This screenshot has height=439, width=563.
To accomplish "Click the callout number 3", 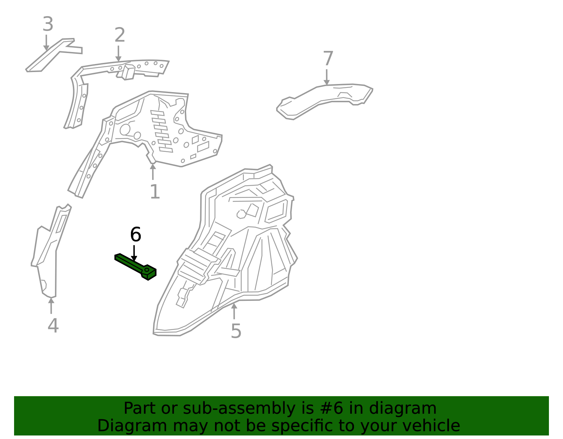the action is pyautogui.click(x=48, y=24).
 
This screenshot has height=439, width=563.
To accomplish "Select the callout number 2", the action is pyautogui.click(x=120, y=35).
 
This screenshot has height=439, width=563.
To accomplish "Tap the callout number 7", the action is pyautogui.click(x=328, y=58).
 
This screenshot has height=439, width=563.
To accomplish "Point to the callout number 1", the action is pyautogui.click(x=155, y=192).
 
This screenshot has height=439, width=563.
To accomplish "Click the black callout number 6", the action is pyautogui.click(x=135, y=234).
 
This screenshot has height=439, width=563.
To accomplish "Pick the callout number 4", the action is pyautogui.click(x=53, y=326).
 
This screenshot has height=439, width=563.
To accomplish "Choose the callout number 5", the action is pyautogui.click(x=236, y=331).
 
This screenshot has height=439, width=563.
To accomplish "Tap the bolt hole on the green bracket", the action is pyautogui.click(x=147, y=270).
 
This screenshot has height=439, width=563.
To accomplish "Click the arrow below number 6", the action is pyautogui.click(x=134, y=253).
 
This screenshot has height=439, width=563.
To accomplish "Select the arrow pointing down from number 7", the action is pyautogui.click(x=327, y=77).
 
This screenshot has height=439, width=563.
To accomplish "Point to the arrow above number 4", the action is pyautogui.click(x=51, y=306).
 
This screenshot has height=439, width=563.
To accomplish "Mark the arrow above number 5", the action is pyautogui.click(x=234, y=311).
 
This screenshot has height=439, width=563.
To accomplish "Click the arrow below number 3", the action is pyautogui.click(x=46, y=43).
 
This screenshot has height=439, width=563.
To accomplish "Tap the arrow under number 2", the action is pyautogui.click(x=118, y=54).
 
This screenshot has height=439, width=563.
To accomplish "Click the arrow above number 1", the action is pyautogui.click(x=153, y=172).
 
